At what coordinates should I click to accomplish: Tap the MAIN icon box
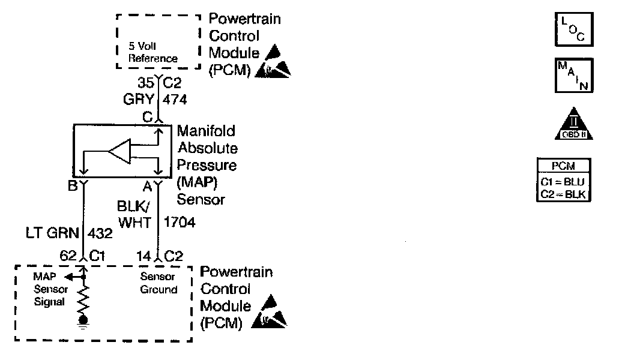(573, 75)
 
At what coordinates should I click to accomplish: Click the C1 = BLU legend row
(563, 182)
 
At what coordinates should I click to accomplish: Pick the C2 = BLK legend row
(563, 194)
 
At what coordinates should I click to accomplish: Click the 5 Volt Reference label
(153, 52)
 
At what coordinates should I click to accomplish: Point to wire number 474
(175, 100)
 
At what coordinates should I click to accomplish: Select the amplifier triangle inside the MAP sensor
(120, 152)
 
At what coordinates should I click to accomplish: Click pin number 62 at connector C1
(68, 256)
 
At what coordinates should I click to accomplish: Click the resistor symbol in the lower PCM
(85, 299)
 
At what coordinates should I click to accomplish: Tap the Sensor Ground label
(159, 283)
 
